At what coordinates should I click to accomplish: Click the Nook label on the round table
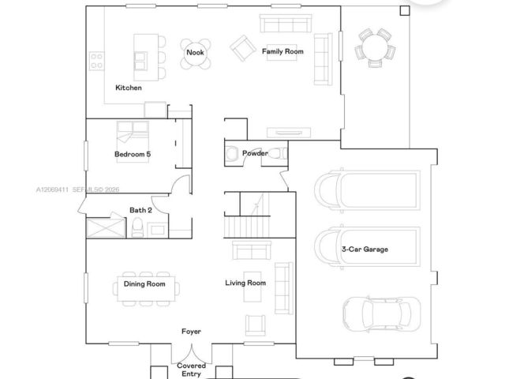[195, 52]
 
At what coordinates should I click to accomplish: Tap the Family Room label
[282, 51]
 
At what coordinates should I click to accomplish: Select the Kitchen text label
[129, 88]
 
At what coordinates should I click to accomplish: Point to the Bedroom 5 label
[133, 154]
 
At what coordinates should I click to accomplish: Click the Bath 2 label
[140, 210]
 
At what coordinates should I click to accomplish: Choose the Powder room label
[255, 153]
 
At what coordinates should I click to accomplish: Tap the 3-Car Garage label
[365, 250]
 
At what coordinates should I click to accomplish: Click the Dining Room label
[144, 284]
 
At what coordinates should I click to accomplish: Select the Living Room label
[245, 283]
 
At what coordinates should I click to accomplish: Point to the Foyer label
[191, 332]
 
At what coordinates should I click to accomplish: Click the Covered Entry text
[191, 370]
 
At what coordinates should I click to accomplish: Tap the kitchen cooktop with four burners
[96, 62]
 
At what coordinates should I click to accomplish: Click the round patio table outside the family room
[376, 47]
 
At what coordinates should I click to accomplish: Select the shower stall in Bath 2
[106, 228]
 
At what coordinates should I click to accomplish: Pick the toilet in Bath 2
[137, 227]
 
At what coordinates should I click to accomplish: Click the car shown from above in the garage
[381, 314]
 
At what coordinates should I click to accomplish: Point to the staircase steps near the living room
[247, 227]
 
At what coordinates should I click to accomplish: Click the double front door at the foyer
[192, 354]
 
